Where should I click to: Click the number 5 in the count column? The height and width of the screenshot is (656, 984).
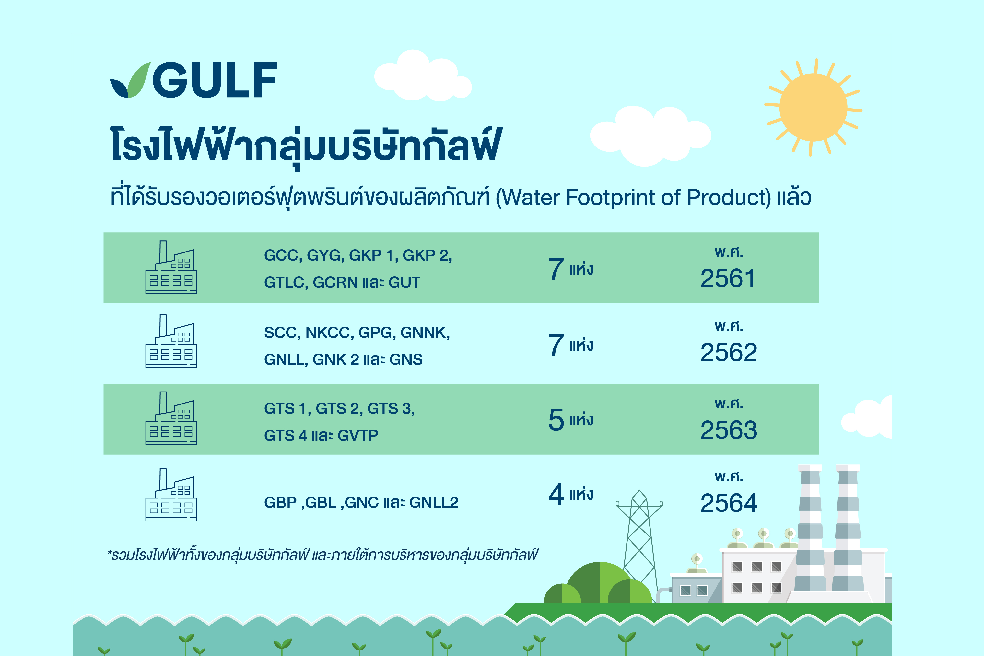pyautogui.click(x=556, y=420)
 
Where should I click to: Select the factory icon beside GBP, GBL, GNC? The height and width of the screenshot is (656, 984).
pyautogui.click(x=171, y=495)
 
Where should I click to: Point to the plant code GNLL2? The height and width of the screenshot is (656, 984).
pyautogui.click(x=434, y=502)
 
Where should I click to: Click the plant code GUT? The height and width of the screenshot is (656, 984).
pyautogui.click(x=404, y=282)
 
